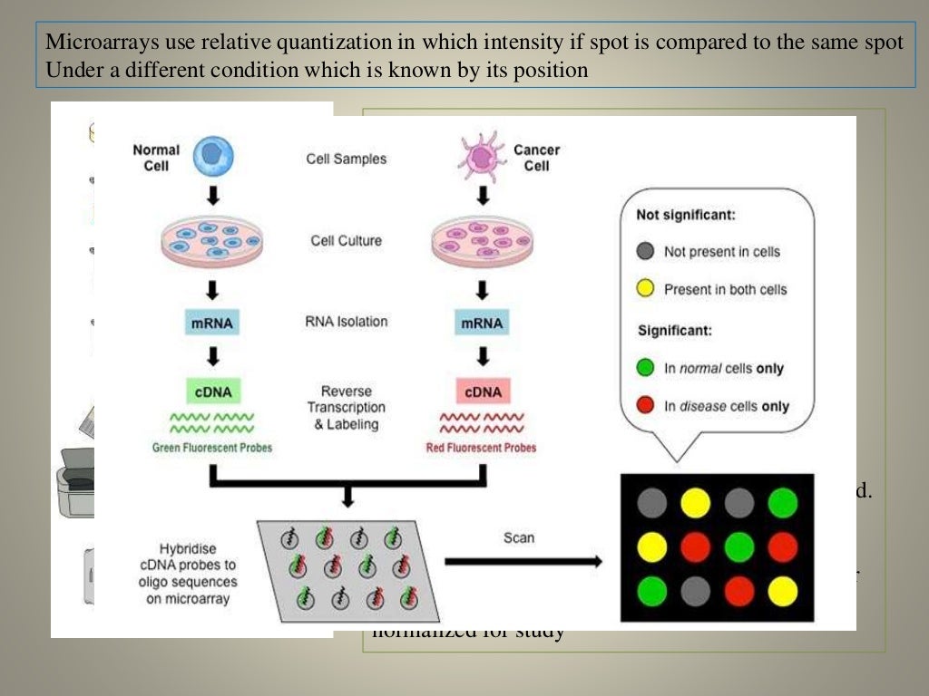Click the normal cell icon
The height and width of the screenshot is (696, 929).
[214, 156]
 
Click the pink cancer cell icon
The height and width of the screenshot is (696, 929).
[482, 156]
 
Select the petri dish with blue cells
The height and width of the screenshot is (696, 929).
[210, 241]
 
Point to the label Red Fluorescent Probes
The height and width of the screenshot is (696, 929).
[481, 448]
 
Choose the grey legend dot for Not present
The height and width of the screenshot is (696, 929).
[646, 251]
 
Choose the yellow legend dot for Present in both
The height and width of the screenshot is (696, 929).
[646, 290]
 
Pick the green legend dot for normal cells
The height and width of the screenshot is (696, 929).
[646, 368]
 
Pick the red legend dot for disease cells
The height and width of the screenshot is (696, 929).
[646, 406]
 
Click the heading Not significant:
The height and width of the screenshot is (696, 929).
[685, 216]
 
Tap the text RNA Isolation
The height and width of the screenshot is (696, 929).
[347, 321]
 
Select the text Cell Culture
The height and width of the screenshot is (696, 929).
[346, 241]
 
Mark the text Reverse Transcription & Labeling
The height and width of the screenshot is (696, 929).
[347, 408]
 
